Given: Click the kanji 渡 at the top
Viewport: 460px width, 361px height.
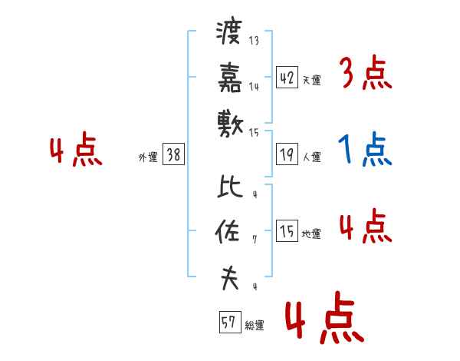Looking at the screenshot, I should click(x=229, y=34).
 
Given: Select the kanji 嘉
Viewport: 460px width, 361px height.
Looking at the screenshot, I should click(x=229, y=77).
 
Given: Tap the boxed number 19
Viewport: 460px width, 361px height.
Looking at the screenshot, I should click(x=287, y=154).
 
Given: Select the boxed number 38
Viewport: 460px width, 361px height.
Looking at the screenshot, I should click(x=173, y=154).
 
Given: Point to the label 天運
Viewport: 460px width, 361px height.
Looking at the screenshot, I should click(x=311, y=80).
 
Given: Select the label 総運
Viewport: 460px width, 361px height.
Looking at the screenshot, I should click(x=254, y=326).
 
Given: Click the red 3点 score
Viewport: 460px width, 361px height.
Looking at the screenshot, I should click(x=365, y=75).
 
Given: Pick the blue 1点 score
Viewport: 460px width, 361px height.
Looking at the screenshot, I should click(x=365, y=151).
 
